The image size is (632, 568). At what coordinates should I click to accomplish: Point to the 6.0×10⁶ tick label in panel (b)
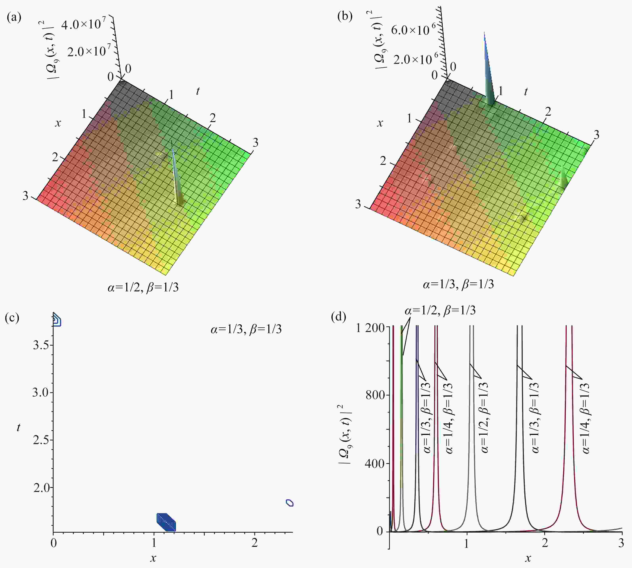pos(412,30)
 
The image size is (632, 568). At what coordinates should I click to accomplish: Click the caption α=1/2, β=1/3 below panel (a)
pos(143,287)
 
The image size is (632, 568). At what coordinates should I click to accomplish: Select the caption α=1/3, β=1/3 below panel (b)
pos(458,284)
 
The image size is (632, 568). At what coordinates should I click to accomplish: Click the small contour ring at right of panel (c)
pos(290,502)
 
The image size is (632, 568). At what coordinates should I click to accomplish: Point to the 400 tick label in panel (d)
pos(375,463)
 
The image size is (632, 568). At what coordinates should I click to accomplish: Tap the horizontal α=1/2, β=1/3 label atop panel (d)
pos(440,310)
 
